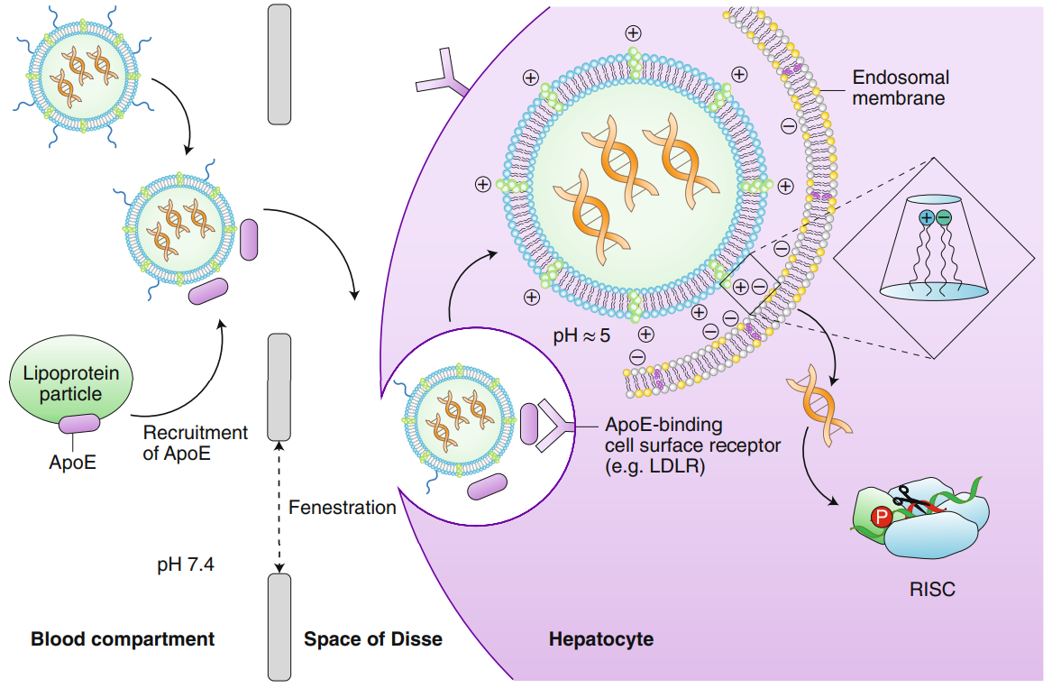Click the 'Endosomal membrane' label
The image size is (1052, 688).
[x=900, y=87]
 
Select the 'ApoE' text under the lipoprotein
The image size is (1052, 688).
[x=71, y=463]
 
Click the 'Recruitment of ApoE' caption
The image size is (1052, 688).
[x=195, y=443]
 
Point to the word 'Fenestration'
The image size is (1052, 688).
[x=343, y=508]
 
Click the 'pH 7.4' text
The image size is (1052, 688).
[x=186, y=565]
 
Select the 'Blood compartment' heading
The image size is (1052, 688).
[x=123, y=639]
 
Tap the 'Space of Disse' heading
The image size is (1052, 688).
[x=373, y=639]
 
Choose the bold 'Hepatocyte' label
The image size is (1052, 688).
[x=601, y=639]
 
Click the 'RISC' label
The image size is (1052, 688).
[x=932, y=591]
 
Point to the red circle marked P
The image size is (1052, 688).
[x=881, y=517]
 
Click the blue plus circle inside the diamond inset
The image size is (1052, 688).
[x=927, y=217]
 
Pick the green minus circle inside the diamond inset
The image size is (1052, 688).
[x=943, y=217]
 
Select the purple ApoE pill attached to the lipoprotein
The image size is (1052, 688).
[x=80, y=425]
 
